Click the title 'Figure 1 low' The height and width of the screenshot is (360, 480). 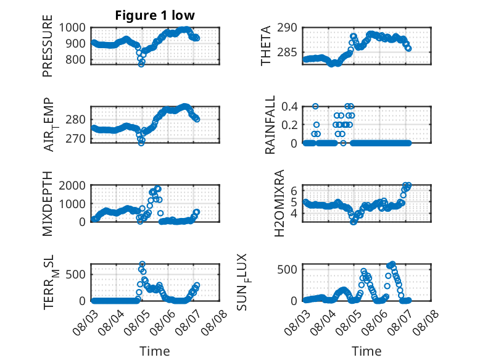click(155, 15)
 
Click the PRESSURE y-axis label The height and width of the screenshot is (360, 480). click(48, 46)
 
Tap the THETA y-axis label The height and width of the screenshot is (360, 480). click(266, 46)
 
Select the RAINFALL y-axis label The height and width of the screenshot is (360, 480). click(270, 125)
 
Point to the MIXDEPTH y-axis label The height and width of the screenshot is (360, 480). click(48, 204)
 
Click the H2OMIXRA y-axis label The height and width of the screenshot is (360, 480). click(279, 203)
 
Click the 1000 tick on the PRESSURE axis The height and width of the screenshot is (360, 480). click(72, 28)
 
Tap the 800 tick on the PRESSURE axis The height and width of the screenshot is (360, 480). click(75, 59)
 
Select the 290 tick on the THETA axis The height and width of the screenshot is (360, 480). click(287, 28)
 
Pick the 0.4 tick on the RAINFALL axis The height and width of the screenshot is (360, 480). click(289, 107)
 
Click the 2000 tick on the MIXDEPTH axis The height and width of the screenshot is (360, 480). click(72, 185)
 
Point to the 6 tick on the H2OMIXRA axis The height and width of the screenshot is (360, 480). click(294, 191)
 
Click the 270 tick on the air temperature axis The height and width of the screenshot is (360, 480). click(75, 138)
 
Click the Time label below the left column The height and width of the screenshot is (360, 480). click(155, 351)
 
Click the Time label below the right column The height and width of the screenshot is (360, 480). click(366, 351)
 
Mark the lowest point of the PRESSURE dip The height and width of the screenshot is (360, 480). click(141, 64)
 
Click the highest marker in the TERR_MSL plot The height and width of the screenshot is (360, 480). click(143, 264)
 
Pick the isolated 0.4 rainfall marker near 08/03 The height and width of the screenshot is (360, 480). click(315, 106)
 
